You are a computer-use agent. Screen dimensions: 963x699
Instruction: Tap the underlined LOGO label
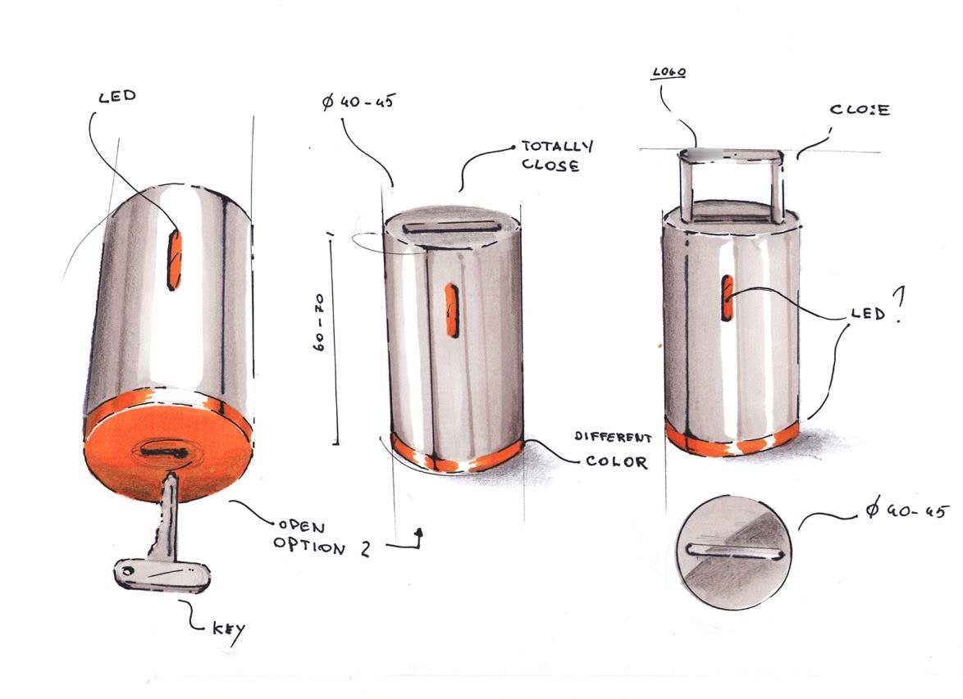tap(669, 72)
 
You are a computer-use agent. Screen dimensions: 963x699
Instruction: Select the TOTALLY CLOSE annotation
tap(556, 156)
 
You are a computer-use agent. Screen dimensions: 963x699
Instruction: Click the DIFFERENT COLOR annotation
tap(613, 450)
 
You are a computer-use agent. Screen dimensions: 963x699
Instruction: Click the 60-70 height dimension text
tap(319, 323)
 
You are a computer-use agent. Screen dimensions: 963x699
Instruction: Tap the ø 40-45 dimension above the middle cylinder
tap(358, 101)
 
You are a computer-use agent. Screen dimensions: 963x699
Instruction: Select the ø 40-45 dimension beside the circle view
tap(907, 509)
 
